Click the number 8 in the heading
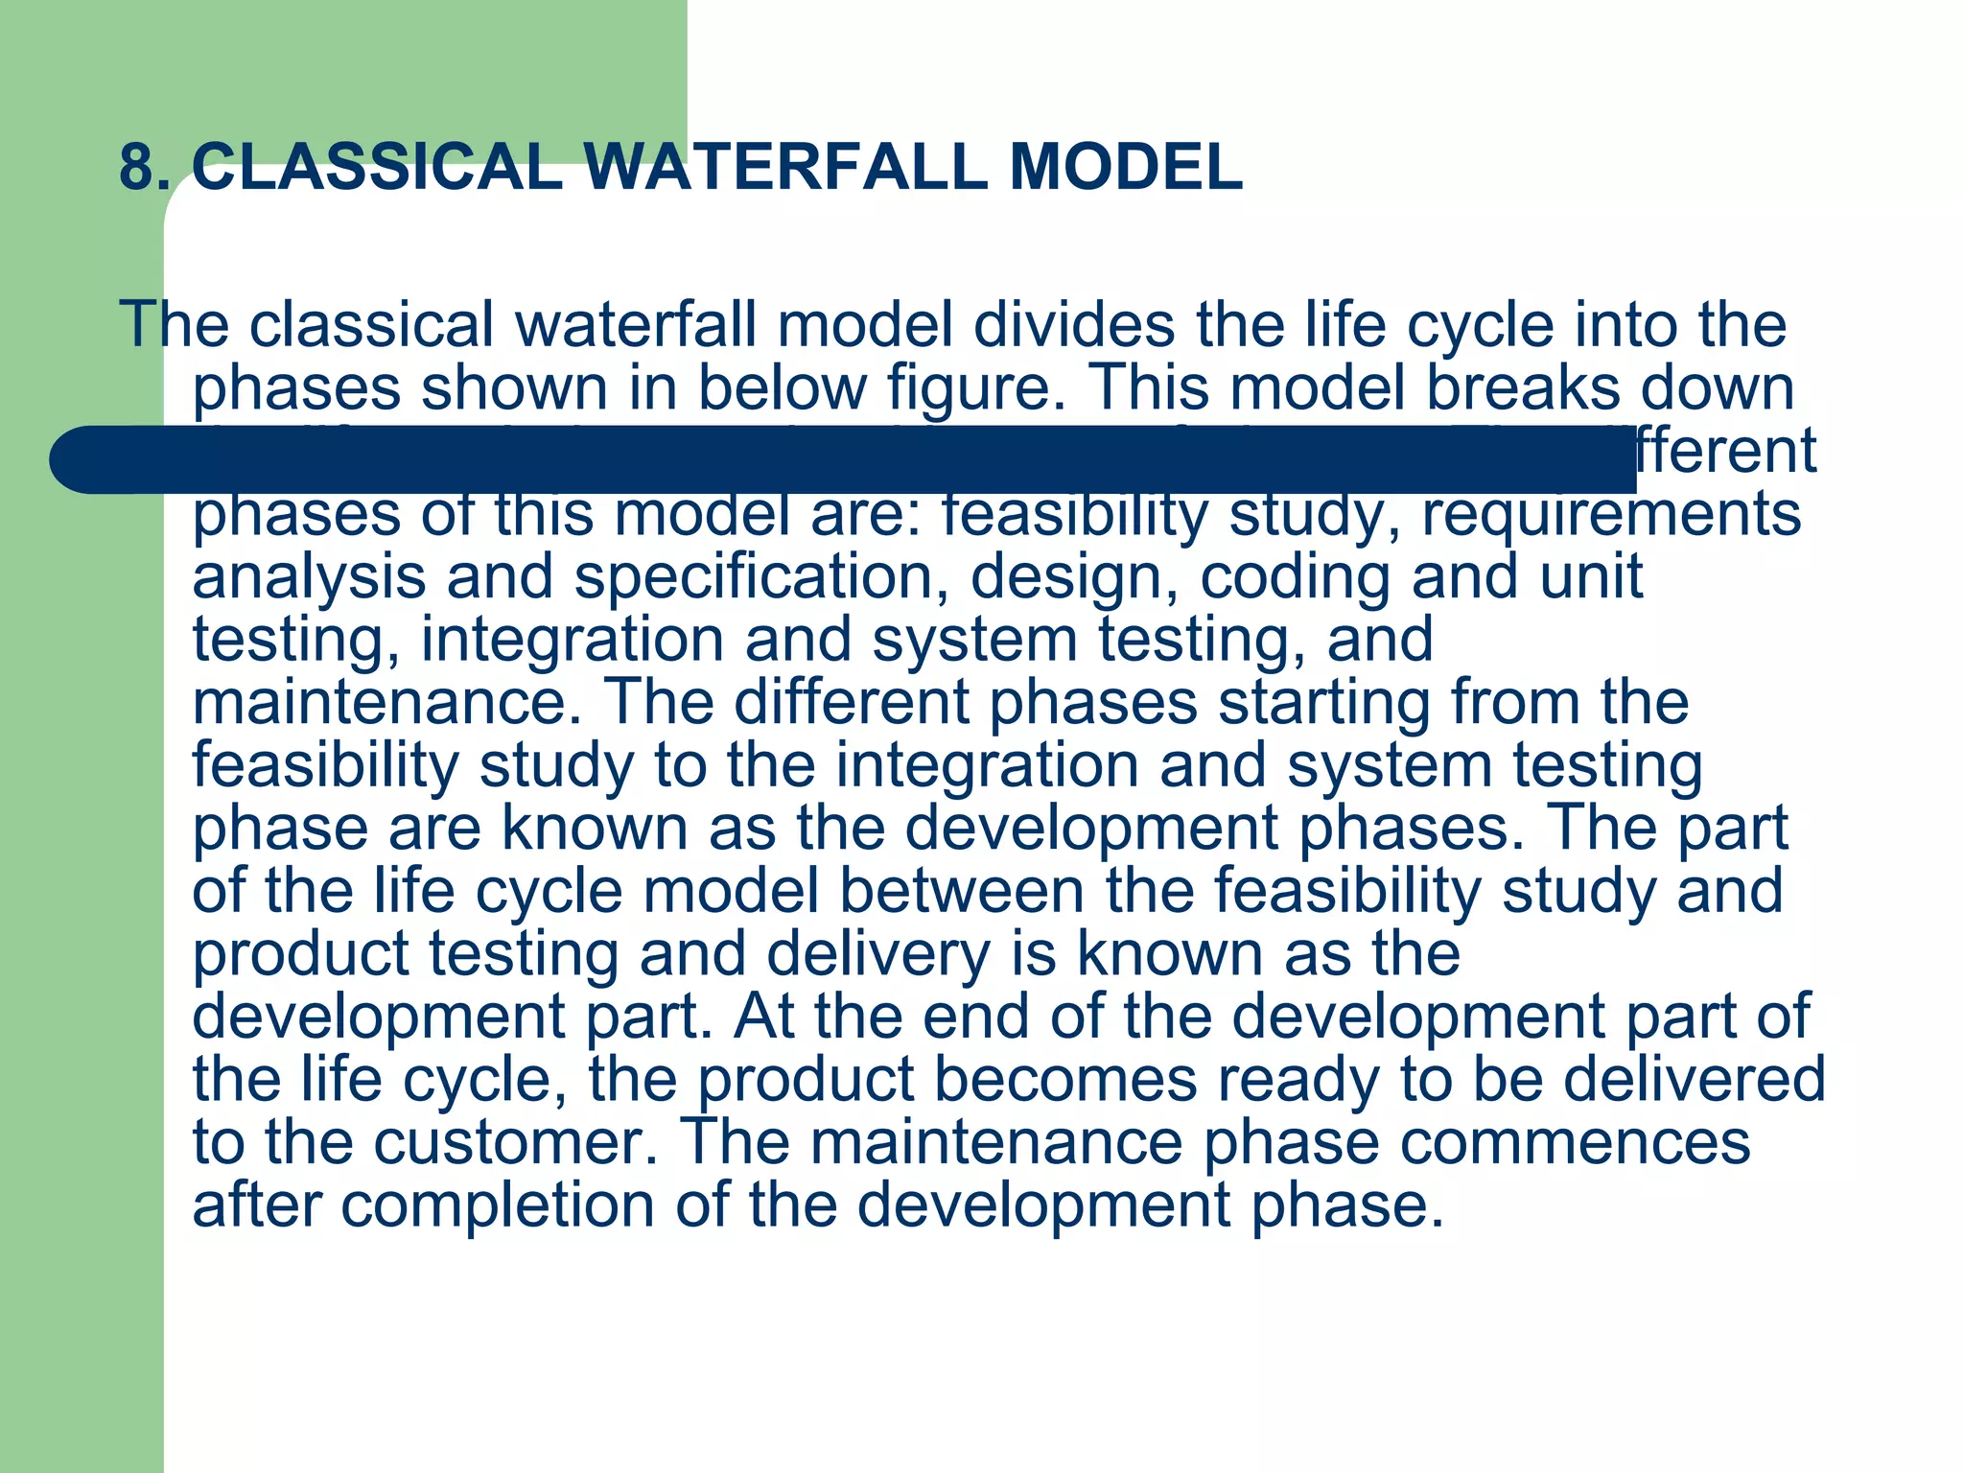coord(136,168)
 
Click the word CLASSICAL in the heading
coord(377,168)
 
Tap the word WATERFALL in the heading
coord(785,168)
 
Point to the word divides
coord(1074,325)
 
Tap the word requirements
coord(1611,515)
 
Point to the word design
coord(1074,577)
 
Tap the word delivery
coord(878,954)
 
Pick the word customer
coord(516,1143)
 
